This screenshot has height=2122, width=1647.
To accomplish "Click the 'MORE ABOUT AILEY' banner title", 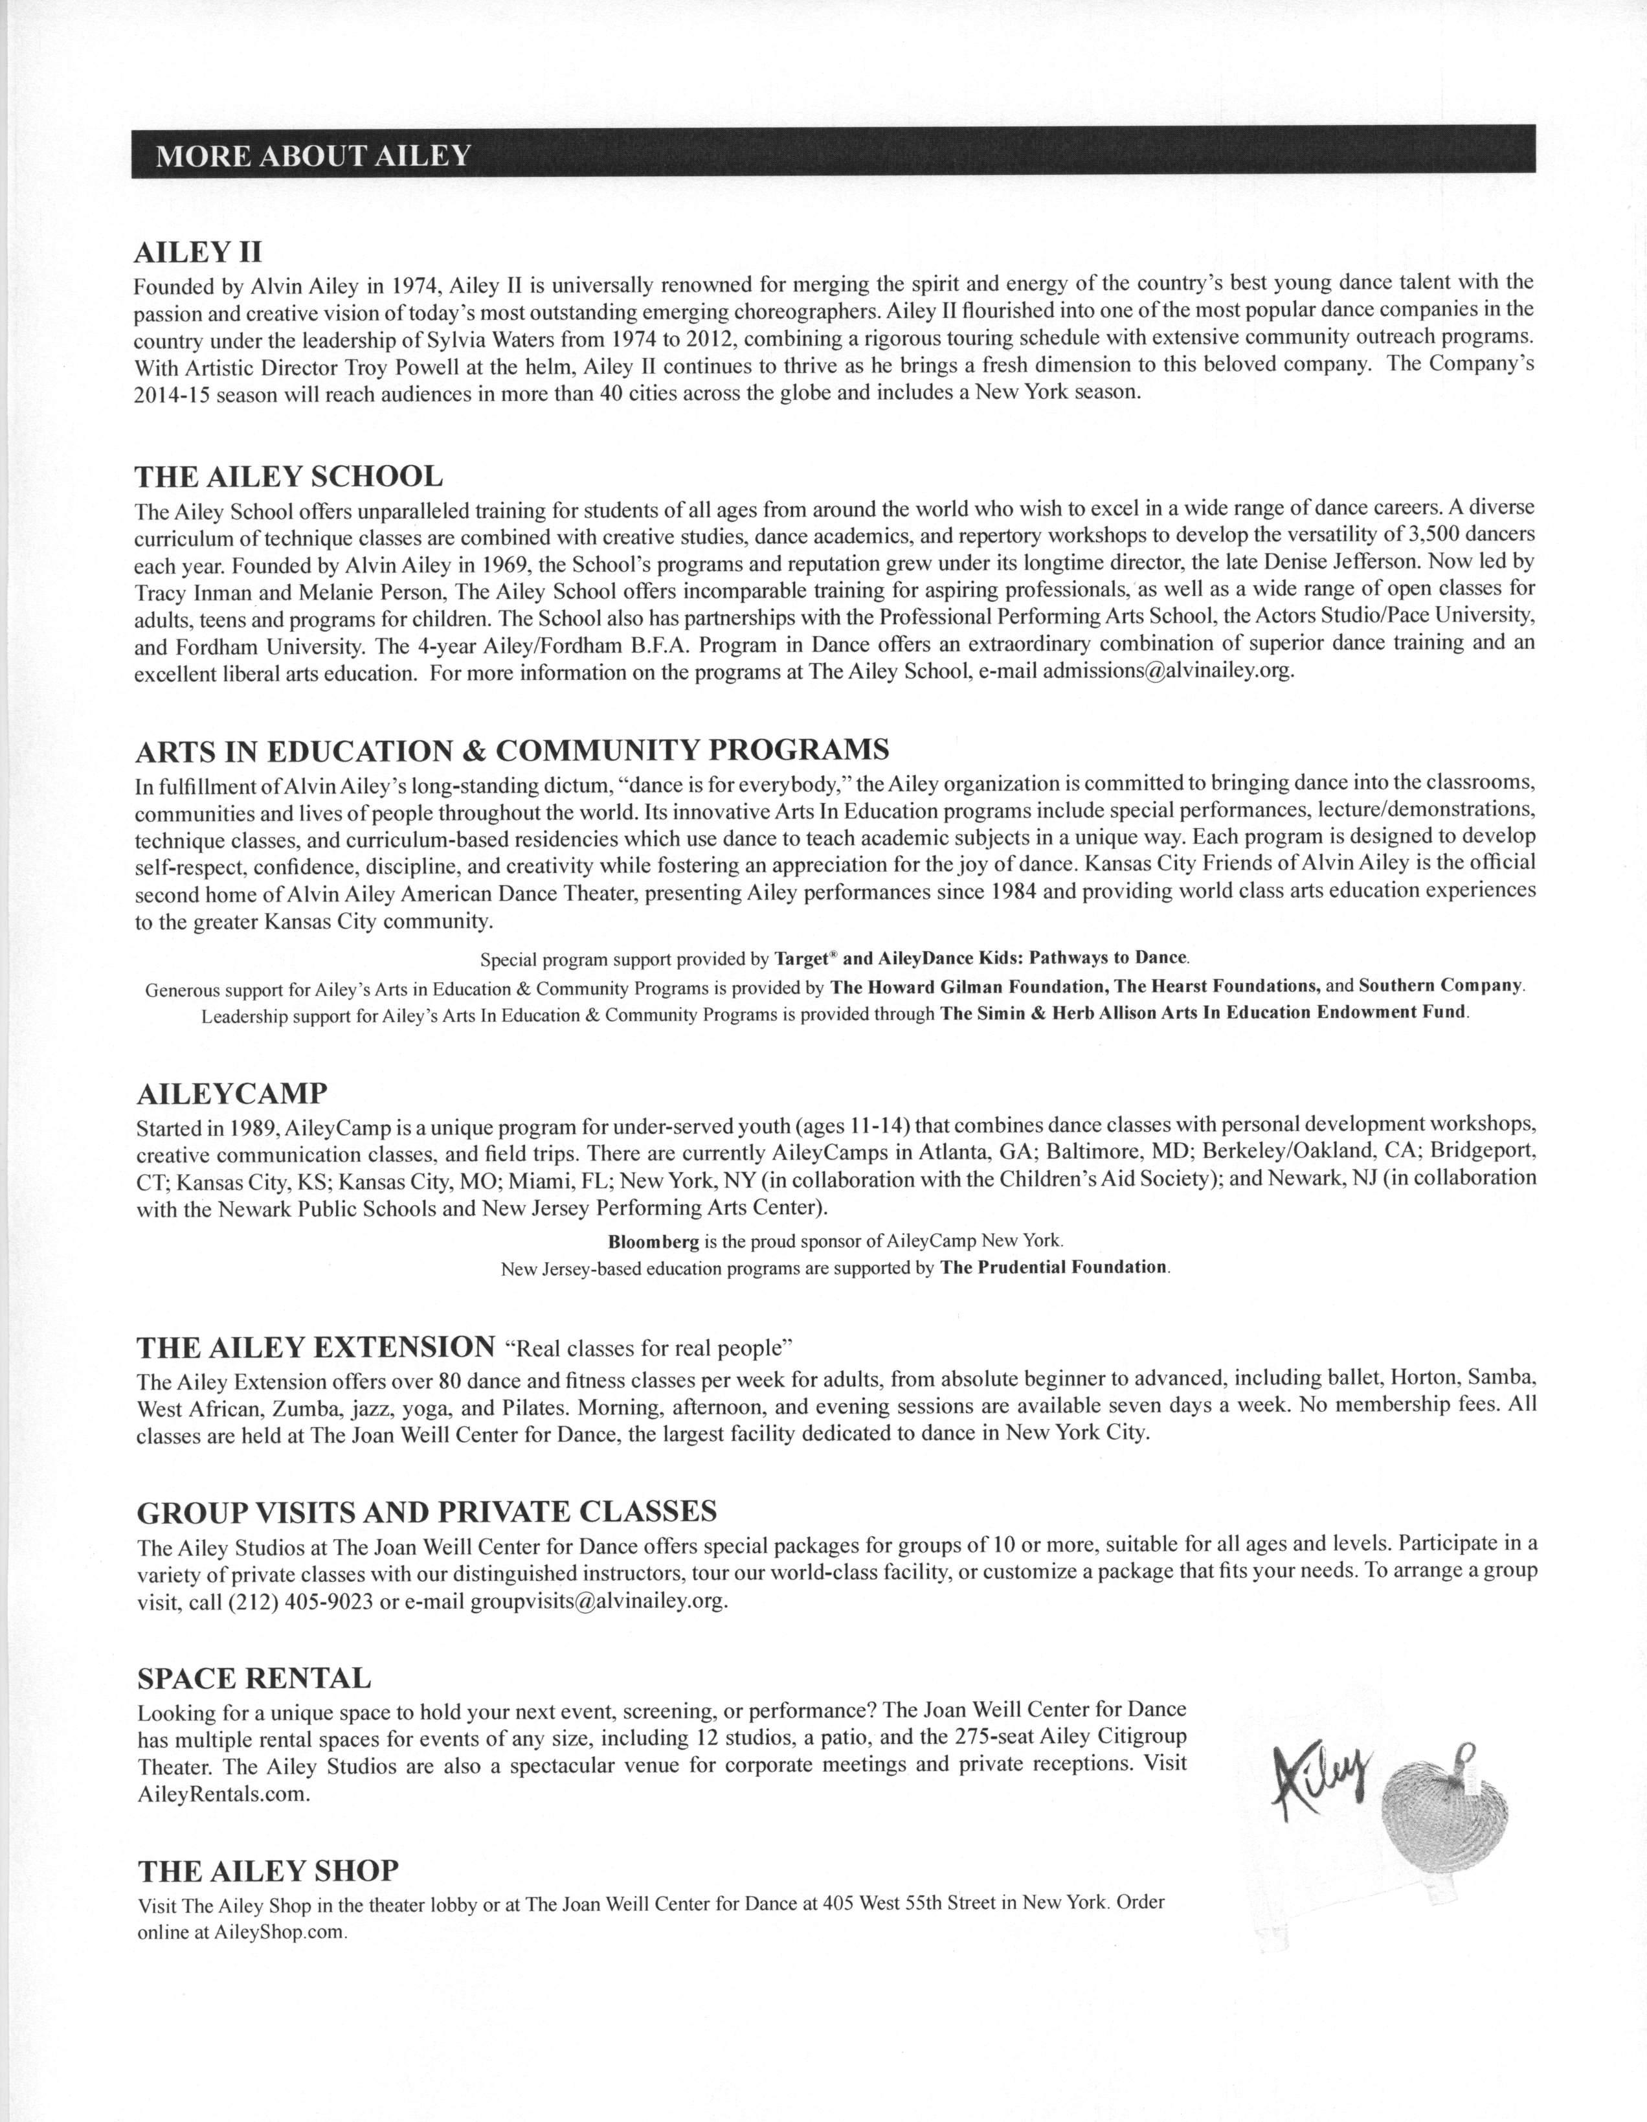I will coord(313,155).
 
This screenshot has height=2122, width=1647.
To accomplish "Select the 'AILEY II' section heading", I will coord(198,253).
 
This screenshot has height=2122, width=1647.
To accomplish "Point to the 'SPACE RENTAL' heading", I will coord(254,1678).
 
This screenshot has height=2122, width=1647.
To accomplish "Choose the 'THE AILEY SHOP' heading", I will coord(268,1870).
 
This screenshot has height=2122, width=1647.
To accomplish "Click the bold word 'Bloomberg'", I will coord(653,1241).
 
